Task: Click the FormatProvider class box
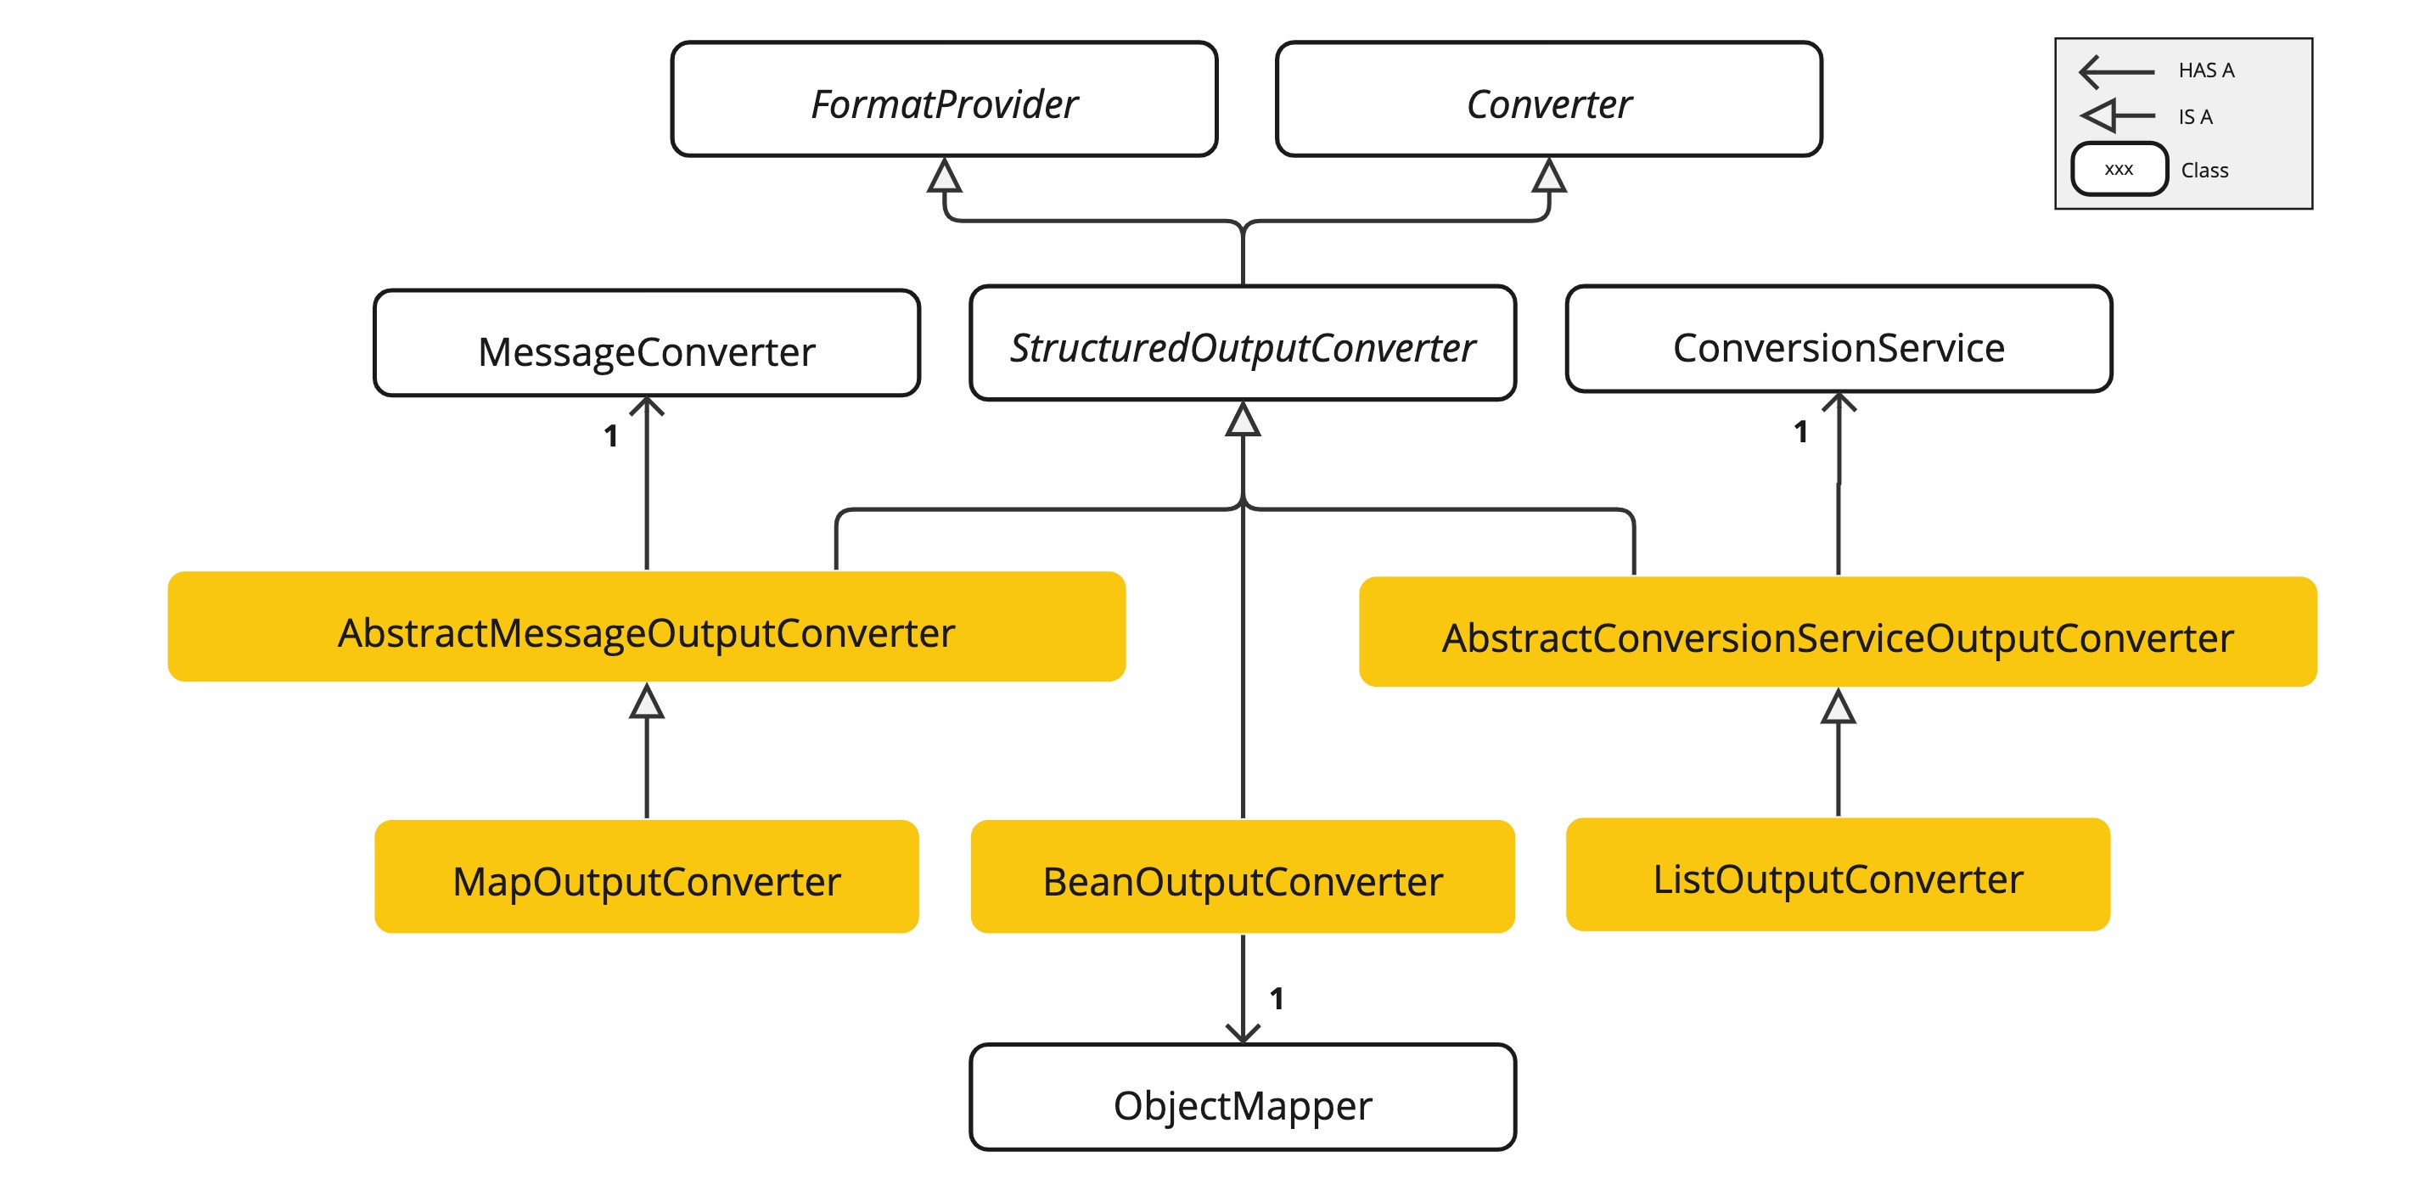pyautogui.click(x=944, y=100)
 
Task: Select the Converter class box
pyautogui.click(x=1548, y=100)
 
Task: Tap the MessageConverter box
pyautogui.click(x=647, y=345)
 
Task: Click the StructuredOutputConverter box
pyautogui.click(x=1243, y=345)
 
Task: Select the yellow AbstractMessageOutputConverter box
pyautogui.click(x=647, y=627)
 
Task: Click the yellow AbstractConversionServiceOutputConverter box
pyautogui.click(x=1838, y=632)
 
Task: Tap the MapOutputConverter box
pyautogui.click(x=647, y=878)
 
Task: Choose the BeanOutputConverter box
pyautogui.click(x=1243, y=878)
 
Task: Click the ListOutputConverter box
pyautogui.click(x=1838, y=875)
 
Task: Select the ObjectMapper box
pyautogui.click(x=1243, y=1098)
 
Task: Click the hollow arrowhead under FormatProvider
pyautogui.click(x=945, y=177)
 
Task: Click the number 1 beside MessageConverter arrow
pyautogui.click(x=611, y=435)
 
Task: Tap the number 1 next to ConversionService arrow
pyautogui.click(x=1800, y=432)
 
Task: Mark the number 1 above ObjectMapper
pyautogui.click(x=1276, y=999)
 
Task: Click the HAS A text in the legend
pyautogui.click(x=2205, y=70)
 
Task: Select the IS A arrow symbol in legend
pyautogui.click(x=2117, y=116)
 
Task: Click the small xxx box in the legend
pyautogui.click(x=2119, y=170)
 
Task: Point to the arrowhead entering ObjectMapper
pyautogui.click(x=1243, y=1033)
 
